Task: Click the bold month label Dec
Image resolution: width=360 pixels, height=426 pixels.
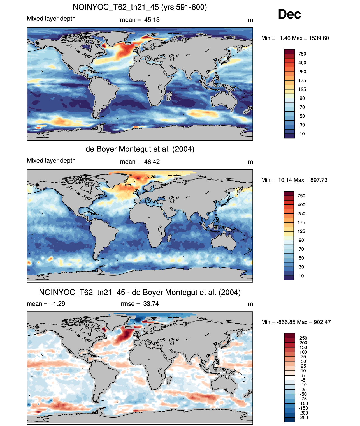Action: pyautogui.click(x=289, y=14)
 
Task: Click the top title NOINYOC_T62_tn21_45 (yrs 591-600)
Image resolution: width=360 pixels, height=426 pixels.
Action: pyautogui.click(x=140, y=7)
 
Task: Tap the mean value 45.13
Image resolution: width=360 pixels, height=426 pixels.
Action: pyautogui.click(x=152, y=20)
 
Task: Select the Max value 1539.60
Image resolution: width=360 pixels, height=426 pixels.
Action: pyautogui.click(x=319, y=38)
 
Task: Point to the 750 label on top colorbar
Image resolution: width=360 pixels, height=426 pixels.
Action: pyautogui.click(x=302, y=54)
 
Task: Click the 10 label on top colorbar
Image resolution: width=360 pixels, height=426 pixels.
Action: pyautogui.click(x=302, y=134)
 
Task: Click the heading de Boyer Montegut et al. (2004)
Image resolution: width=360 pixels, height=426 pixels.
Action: pyautogui.click(x=140, y=149)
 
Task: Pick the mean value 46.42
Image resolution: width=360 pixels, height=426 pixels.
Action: pyautogui.click(x=152, y=162)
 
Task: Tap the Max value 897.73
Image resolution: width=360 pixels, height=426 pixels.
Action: pyautogui.click(x=319, y=180)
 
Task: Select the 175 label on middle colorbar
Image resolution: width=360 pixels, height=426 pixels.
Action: pyautogui.click(x=301, y=222)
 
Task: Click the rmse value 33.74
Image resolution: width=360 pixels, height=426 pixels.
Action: pyautogui.click(x=151, y=304)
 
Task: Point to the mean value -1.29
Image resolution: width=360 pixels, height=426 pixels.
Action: pyautogui.click(x=58, y=304)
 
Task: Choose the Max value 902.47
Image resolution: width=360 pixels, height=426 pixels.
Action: pyautogui.click(x=322, y=322)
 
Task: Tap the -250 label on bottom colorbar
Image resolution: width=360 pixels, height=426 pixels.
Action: pyautogui.click(x=303, y=418)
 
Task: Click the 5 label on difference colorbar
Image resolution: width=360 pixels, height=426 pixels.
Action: pyautogui.click(x=303, y=375)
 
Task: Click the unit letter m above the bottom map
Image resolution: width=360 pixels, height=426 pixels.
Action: pyautogui.click(x=250, y=304)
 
